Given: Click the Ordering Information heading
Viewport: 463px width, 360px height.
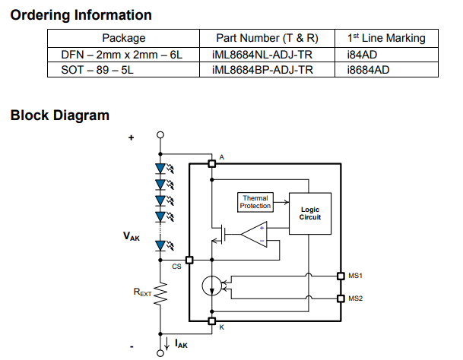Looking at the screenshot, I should (81, 14).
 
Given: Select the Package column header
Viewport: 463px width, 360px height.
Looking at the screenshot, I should (123, 38).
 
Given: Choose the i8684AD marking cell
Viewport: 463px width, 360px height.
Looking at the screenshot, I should (369, 69).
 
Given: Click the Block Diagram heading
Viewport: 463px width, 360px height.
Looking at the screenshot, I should (60, 115).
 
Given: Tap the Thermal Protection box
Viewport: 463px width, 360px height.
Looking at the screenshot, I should (255, 202).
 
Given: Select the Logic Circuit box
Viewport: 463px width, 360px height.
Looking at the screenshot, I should (310, 213).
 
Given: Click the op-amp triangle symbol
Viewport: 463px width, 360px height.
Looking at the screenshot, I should (252, 234).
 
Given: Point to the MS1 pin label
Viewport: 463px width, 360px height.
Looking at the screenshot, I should (355, 275).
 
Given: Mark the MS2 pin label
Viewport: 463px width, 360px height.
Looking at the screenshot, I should (355, 298).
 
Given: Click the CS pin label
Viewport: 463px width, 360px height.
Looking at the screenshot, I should (176, 267).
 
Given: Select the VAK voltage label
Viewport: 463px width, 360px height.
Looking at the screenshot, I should (132, 236).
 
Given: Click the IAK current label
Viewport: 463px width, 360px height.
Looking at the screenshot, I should (181, 344).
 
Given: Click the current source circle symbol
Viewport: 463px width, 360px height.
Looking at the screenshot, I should (212, 286).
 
